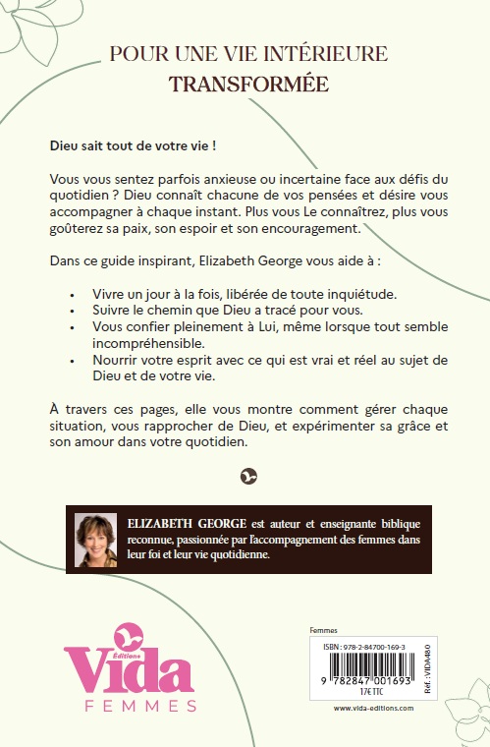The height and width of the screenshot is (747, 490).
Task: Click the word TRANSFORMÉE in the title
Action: click(x=249, y=84)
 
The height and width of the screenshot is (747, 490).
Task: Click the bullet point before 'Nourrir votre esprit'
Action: click(x=74, y=361)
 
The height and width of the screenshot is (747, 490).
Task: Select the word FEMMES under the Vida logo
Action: click(x=135, y=706)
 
